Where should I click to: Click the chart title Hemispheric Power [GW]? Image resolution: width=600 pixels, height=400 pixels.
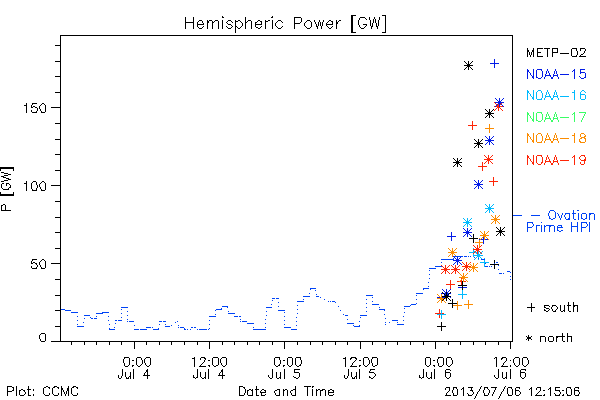[x=285, y=24]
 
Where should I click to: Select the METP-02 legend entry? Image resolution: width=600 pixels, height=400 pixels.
[x=556, y=52]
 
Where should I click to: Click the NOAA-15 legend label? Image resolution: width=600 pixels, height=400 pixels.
[x=556, y=74]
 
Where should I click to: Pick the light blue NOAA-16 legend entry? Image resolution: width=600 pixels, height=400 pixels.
[x=556, y=95]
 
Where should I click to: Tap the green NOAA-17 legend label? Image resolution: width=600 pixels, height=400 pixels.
[x=556, y=117]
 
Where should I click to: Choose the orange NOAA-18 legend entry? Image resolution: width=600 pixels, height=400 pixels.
[x=556, y=138]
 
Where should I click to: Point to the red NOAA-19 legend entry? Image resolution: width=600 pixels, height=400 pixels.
[x=556, y=160]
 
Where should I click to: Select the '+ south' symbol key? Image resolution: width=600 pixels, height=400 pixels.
[x=553, y=307]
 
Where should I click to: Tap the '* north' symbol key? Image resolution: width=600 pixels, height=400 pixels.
[x=549, y=338]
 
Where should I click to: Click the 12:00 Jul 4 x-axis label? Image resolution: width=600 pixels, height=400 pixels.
[x=209, y=367]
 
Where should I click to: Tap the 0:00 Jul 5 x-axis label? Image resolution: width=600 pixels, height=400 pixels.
[x=284, y=367]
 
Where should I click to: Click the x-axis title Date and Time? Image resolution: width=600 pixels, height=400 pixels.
[x=286, y=392]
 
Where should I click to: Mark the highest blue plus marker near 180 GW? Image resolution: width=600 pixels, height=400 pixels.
[x=494, y=64]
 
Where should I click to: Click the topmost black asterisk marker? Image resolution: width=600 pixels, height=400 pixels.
[x=468, y=66]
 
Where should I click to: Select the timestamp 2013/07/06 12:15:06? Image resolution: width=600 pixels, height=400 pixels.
[x=512, y=392]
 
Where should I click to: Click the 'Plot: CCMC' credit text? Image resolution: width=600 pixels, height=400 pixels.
[x=42, y=392]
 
